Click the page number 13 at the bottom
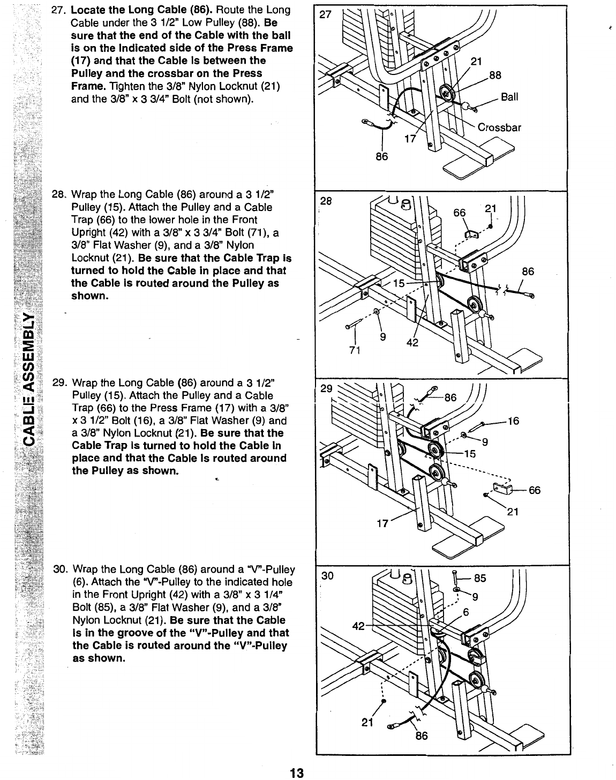tap(296, 773)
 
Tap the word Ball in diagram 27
tap(509, 97)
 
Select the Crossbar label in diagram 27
tap(499, 127)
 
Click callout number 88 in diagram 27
tap(495, 76)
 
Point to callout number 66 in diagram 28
tap(460, 213)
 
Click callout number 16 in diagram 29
tap(513, 421)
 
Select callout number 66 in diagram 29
tap(535, 490)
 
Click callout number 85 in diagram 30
tap(480, 579)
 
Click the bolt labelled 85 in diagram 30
tap(455, 579)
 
